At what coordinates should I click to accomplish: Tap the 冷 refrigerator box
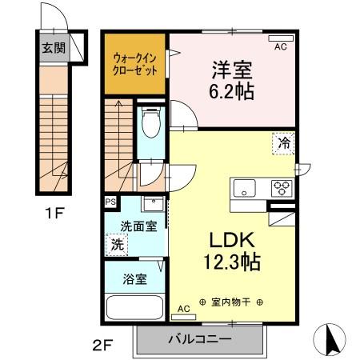click(283, 143)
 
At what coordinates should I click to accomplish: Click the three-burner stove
click(282, 189)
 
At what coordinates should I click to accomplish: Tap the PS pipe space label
click(110, 202)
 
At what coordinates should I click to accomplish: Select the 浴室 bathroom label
click(134, 280)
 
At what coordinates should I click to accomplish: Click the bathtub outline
click(134, 308)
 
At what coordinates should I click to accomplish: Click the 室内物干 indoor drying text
click(230, 302)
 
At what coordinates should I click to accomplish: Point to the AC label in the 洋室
click(280, 48)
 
